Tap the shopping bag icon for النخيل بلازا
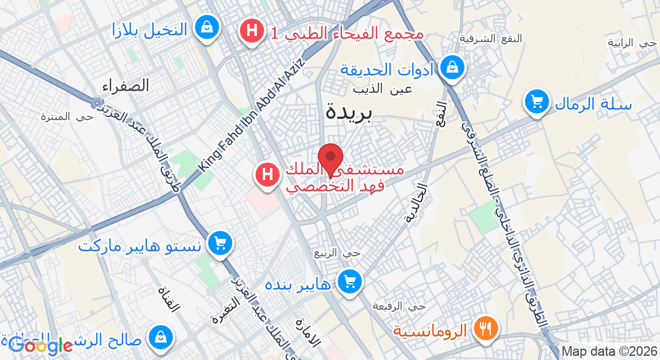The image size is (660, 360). [206, 28]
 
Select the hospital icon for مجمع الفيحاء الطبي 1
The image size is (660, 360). [252, 31]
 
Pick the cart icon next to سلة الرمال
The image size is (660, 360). [536, 101]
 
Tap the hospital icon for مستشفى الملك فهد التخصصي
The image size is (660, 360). [268, 175]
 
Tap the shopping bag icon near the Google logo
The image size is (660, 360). [160, 337]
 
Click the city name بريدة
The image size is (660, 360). [349, 112]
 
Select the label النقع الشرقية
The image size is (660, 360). [491, 38]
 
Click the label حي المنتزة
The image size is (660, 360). [67, 116]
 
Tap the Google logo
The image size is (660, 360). [41, 345]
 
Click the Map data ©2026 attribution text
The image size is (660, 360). [609, 352]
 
